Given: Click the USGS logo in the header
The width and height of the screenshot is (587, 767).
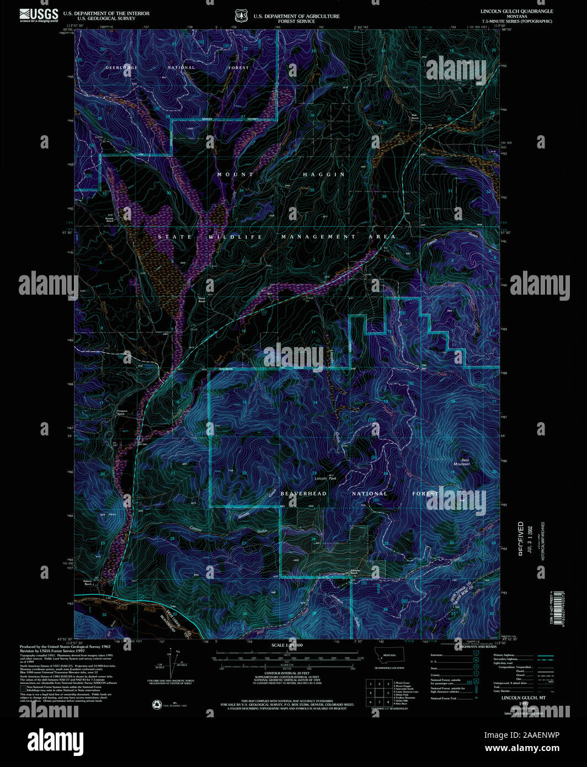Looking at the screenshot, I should (x=39, y=14).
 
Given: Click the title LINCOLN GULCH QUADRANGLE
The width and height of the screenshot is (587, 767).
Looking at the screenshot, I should (x=516, y=12).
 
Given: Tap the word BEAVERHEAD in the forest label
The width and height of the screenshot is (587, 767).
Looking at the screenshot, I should (x=303, y=493).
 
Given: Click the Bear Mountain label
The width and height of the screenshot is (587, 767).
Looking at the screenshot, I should (x=462, y=462).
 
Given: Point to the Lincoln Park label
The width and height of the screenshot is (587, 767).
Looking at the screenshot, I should (x=325, y=478).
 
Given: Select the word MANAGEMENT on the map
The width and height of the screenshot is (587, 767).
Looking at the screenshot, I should (x=318, y=237).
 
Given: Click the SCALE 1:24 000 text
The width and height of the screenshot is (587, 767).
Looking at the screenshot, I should (x=287, y=645).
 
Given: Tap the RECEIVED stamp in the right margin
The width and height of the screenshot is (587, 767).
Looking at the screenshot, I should (x=520, y=538).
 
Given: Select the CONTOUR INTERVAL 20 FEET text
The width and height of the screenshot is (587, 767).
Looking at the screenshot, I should (x=287, y=673).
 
